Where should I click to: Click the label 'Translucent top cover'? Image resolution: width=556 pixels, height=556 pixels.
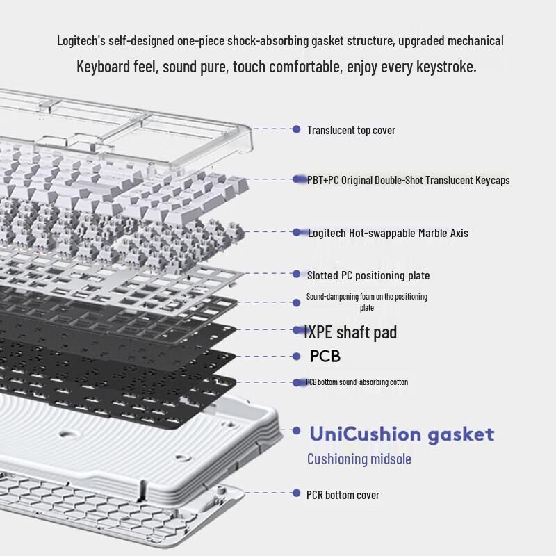(351, 130)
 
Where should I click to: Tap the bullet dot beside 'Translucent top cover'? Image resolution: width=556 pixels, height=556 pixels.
(296, 129)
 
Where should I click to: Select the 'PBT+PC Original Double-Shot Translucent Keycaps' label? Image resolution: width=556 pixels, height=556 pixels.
(409, 180)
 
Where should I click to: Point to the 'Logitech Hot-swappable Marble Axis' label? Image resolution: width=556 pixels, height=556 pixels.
(388, 233)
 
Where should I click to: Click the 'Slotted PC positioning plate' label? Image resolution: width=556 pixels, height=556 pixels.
(368, 275)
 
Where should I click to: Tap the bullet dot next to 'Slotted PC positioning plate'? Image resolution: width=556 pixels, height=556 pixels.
(296, 275)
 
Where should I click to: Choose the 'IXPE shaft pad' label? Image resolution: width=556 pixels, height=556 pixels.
(350, 332)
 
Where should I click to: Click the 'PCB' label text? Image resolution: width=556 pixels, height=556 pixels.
(325, 357)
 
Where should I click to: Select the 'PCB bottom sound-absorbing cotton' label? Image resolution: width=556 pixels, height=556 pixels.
(357, 382)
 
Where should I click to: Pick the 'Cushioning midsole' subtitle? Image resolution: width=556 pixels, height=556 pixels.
(359, 459)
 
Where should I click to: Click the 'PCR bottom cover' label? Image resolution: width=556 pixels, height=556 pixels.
(343, 495)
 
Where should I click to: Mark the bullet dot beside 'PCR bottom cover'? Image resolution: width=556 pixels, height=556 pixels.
(296, 495)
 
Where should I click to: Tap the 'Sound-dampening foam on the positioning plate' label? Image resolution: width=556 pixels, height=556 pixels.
(367, 302)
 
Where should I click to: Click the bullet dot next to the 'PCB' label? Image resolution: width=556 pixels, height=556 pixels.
(296, 357)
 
